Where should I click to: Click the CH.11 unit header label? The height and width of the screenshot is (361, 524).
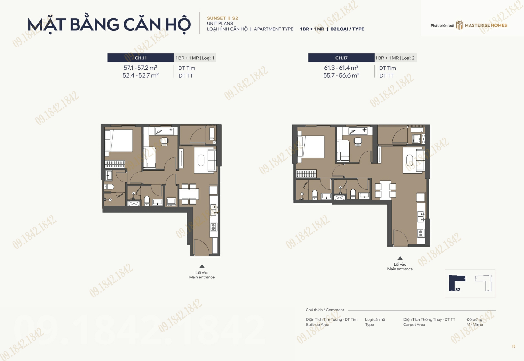pos(141,58)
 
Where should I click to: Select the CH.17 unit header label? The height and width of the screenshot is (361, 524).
pos(341,58)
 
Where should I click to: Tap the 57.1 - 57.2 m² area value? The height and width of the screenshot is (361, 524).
pos(140,68)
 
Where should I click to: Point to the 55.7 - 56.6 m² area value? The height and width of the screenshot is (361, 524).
pos(341,75)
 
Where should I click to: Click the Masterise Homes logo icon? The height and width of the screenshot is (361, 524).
pos(460,25)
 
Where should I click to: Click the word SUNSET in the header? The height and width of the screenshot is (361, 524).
pos(216,18)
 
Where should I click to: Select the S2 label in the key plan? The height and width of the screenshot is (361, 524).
pos(458,289)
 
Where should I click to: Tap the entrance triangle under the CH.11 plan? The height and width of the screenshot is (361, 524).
pos(202,266)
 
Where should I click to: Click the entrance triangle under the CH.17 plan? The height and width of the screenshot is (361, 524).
pos(400,258)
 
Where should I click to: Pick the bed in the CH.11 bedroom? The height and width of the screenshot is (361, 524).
pos(119,141)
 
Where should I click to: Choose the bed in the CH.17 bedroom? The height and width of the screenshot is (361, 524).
pos(311,147)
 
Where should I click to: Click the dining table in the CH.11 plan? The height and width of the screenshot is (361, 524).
pos(189,194)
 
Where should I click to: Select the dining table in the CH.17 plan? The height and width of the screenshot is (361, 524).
pos(385,190)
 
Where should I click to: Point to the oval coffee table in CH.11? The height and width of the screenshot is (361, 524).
pos(201,161)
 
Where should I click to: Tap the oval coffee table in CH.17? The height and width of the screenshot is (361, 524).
pos(410,161)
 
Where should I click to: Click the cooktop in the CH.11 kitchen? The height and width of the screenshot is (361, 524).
pos(213,227)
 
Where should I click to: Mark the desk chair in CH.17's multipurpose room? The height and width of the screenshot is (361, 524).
pos(358,141)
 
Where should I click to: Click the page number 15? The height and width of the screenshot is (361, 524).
pos(514,346)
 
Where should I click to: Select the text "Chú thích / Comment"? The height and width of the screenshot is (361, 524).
pos(325,310)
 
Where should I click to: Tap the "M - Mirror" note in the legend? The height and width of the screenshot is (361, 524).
pos(475,325)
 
